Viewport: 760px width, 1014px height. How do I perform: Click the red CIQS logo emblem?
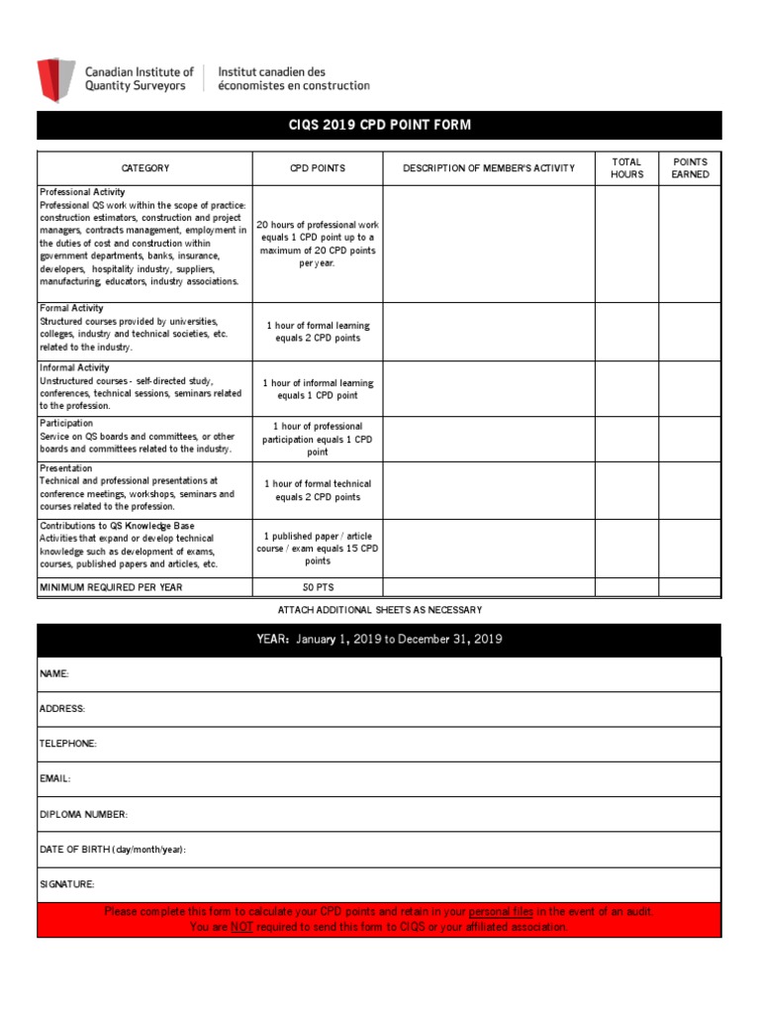(x=55, y=79)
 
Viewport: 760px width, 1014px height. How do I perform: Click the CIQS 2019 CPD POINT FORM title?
(x=379, y=125)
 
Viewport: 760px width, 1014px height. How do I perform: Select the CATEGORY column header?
(x=145, y=168)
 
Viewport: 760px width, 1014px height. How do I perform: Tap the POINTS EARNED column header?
(x=690, y=168)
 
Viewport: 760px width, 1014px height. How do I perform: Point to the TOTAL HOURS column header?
(x=626, y=168)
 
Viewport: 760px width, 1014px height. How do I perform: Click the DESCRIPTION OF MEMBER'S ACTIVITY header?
(x=488, y=168)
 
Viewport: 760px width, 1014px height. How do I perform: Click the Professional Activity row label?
(x=82, y=192)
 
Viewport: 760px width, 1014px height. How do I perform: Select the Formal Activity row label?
(x=71, y=309)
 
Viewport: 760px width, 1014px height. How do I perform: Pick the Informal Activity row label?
(x=74, y=368)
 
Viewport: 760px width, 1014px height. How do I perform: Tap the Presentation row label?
(x=66, y=468)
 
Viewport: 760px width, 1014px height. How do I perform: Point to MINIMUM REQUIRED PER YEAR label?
(x=111, y=588)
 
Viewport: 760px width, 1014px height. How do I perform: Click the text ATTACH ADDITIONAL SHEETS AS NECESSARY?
(x=380, y=610)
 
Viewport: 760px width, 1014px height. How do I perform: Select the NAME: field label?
(x=54, y=673)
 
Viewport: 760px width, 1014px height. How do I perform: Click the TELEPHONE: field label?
(x=67, y=744)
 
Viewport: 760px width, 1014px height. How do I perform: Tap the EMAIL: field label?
(x=55, y=779)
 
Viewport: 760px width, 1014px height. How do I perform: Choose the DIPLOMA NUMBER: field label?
(x=83, y=815)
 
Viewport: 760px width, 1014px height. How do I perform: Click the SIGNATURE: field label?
(x=67, y=884)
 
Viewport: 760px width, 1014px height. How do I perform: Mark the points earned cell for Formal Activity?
(x=690, y=332)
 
